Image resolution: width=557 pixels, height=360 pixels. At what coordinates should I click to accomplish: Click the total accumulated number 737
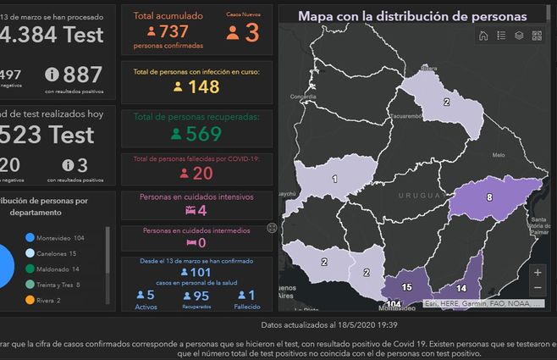(x=174, y=31)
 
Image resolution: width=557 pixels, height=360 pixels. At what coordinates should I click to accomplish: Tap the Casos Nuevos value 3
(x=251, y=33)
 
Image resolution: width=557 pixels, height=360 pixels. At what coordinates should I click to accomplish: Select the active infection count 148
(x=204, y=86)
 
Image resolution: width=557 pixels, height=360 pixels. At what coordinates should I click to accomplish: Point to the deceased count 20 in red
(x=203, y=174)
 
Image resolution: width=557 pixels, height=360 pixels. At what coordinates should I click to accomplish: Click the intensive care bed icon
(x=190, y=209)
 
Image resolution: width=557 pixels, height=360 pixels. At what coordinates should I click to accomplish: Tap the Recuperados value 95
(x=201, y=295)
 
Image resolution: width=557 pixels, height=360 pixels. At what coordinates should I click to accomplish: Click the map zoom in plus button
(x=538, y=272)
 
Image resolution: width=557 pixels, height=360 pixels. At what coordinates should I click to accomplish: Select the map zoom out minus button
(x=538, y=288)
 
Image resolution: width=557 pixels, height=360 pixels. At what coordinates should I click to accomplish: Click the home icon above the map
(x=483, y=36)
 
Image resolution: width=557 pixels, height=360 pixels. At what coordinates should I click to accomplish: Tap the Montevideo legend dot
(x=30, y=238)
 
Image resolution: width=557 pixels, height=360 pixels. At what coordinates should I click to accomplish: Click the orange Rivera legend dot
(x=30, y=300)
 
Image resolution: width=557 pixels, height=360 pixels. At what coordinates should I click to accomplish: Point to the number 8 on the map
(x=488, y=197)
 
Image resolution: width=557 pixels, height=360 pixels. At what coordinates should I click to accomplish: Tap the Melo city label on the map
(x=498, y=155)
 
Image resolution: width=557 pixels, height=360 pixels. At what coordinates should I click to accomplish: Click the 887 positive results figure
(x=82, y=74)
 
